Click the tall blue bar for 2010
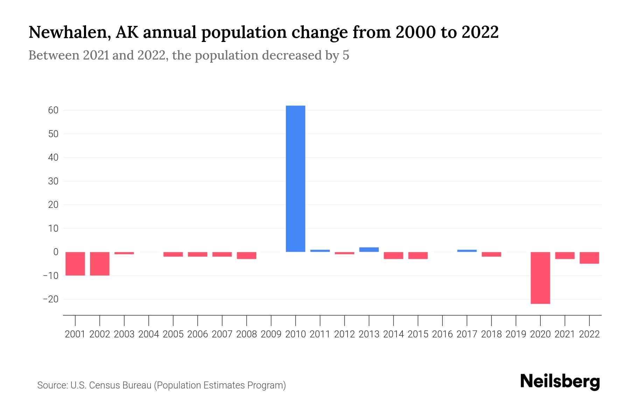pos(295,178)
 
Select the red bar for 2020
pos(540,278)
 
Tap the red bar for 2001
pos(75,264)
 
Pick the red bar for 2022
pos(589,258)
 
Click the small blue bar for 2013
pos(369,250)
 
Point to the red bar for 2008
pos(246,255)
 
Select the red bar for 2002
pos(100,264)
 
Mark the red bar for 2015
pos(418,255)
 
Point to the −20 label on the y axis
pos(50,299)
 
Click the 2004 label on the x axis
pos(148,334)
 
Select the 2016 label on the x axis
pos(442,334)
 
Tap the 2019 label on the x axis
pos(516,334)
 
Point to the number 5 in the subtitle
pos(346,55)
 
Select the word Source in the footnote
pos(52,385)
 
